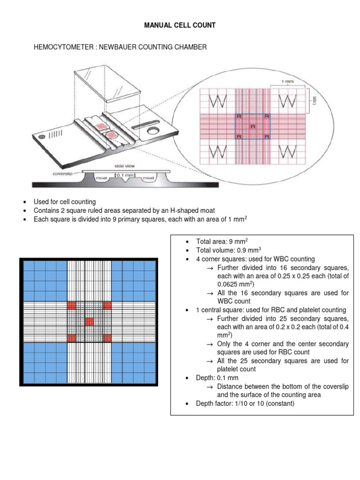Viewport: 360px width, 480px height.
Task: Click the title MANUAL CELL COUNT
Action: [x=180, y=25]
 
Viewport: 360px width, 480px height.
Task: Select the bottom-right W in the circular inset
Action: [x=288, y=152]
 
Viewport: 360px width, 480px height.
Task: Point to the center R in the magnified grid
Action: [x=253, y=127]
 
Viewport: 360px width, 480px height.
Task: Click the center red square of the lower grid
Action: [x=89, y=322]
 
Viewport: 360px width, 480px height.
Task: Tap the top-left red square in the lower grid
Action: [x=72, y=306]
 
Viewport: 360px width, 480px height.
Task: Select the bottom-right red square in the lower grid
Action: [x=107, y=337]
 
